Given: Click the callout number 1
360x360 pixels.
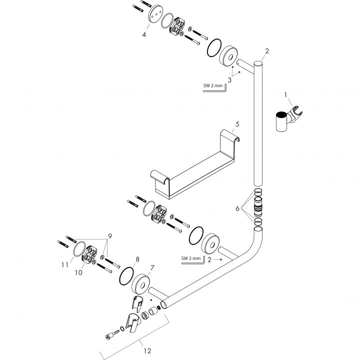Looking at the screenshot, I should coord(285,94).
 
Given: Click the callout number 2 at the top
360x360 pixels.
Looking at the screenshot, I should coord(267,51).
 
